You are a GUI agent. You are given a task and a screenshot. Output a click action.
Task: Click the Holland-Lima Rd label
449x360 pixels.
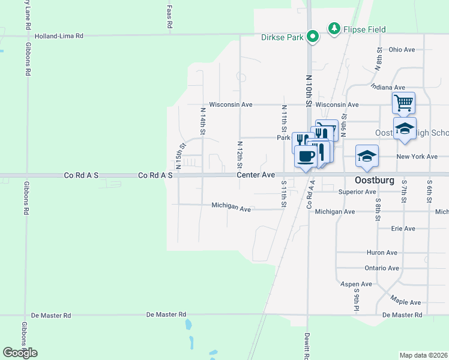pos(59,36)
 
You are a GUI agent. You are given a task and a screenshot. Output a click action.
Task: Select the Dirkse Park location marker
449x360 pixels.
pos(312,37)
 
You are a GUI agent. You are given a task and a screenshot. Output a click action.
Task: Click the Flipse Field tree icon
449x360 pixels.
pos(333,28)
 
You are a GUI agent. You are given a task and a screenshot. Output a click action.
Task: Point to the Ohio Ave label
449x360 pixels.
pos(402,50)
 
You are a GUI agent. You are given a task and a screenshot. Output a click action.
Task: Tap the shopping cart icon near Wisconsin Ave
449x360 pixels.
pos(403,103)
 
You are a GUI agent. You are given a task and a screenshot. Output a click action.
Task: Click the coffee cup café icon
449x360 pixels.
pos(306,157)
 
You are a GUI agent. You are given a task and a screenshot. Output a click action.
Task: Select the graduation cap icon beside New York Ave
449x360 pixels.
pos(367,156)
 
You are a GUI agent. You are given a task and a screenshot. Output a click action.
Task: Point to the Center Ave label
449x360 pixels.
pos(255,175)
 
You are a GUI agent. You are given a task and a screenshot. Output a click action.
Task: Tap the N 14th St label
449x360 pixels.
pos(203,121)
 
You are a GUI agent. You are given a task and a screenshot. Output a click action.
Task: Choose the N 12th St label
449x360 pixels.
pos(240,155)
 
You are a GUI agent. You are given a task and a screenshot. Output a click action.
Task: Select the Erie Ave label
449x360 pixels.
pos(403,229)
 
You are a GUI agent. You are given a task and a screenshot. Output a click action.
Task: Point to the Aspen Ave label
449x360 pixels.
pos(356,284)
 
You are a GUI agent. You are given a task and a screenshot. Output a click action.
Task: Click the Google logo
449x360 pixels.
pos(20,353)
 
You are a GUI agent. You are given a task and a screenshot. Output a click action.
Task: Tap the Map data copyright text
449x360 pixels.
pos(424,355)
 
